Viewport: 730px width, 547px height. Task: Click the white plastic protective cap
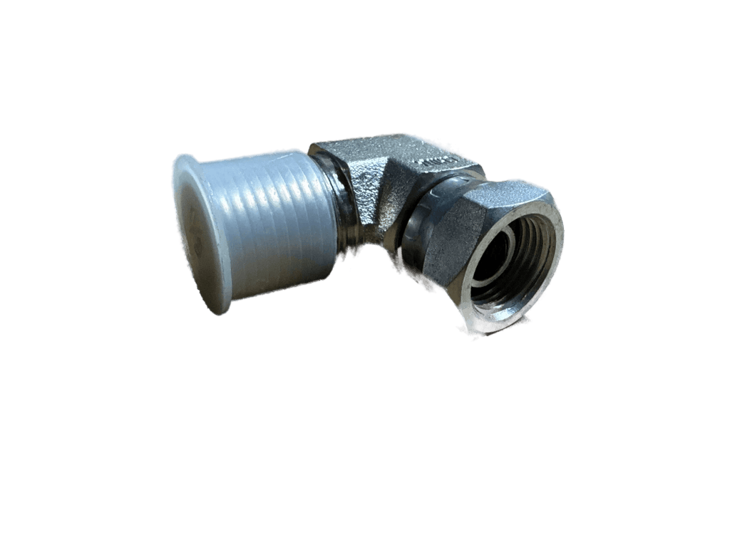pos(257,224)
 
